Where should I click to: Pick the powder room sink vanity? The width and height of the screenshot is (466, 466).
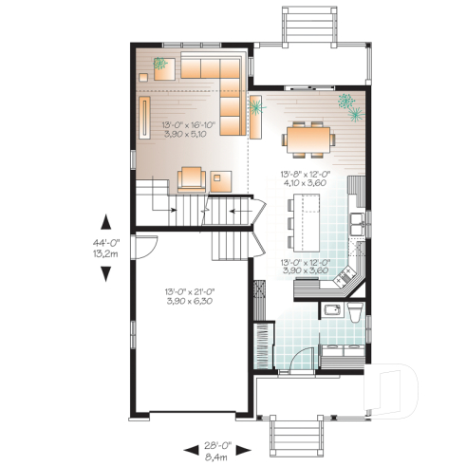332,312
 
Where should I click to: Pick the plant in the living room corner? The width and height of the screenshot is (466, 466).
159,65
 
